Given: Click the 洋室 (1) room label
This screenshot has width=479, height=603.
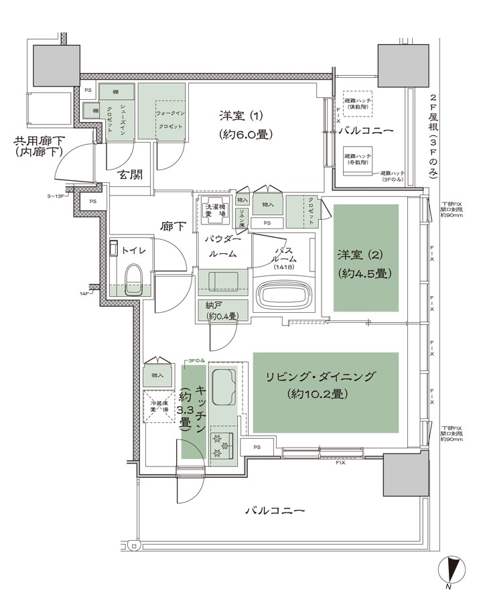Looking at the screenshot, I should click(245, 125).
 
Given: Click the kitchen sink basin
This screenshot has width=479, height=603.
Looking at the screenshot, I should click(223, 387).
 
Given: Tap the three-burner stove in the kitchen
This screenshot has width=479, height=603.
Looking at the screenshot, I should click(222, 446).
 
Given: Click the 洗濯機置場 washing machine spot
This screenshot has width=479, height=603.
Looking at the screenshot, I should click(216, 211).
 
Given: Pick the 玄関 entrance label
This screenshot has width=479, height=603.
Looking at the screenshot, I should click(131, 176).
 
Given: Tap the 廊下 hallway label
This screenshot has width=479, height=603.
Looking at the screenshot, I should click(173, 226).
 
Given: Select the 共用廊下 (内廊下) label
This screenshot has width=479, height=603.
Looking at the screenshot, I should click(35, 147).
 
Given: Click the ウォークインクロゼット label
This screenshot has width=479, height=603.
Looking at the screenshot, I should click(170, 120).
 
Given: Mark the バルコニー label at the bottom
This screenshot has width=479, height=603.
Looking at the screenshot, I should click(275, 510).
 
